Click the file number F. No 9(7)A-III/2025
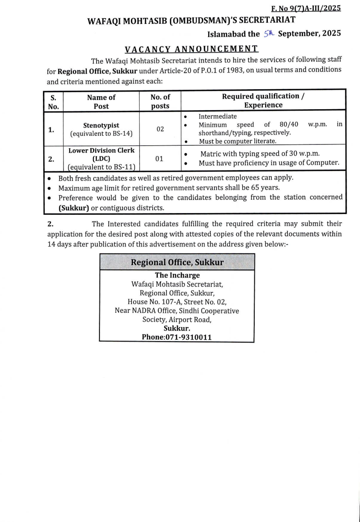tap(306, 8)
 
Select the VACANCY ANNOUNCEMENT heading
tap(192, 49)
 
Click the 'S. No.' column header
tap(53, 101)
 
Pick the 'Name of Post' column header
tap(101, 101)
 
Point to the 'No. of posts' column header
tap(160, 101)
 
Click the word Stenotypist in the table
tap(101, 125)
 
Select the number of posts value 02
tap(160, 129)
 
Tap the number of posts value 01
tap(160, 159)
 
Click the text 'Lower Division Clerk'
tap(101, 151)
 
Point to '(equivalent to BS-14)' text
tap(101, 134)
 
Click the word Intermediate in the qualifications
tap(217, 117)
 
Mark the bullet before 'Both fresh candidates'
tap(49, 178)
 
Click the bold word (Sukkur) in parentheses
tap(73, 207)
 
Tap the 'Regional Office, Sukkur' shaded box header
tap(177, 262)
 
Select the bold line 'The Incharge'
tap(177, 275)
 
